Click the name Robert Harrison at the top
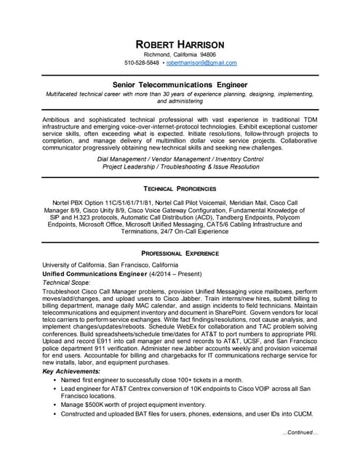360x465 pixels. [180, 44]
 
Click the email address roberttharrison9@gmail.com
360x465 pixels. [201, 63]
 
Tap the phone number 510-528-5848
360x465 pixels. [142, 63]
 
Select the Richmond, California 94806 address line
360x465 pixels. [180, 54]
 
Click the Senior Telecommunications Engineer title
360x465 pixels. [180, 84]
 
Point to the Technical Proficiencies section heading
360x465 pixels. [180, 187]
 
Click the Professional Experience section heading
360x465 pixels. [180, 254]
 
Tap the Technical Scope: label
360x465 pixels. [67, 282]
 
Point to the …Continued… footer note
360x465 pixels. [300, 432]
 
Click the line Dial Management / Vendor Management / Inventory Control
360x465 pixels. [180, 158]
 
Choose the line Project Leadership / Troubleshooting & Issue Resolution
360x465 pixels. [180, 166]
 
